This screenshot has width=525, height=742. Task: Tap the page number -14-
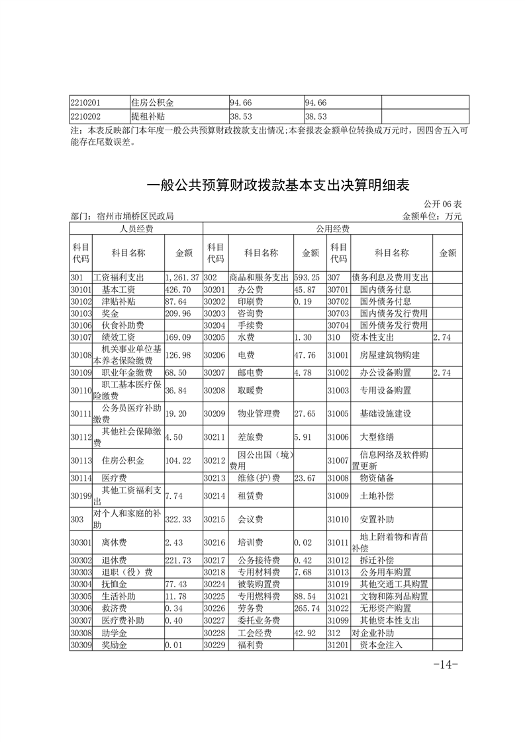[445, 664]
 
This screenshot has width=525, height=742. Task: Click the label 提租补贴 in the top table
[148, 116]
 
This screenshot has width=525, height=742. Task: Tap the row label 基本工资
[119, 289]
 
